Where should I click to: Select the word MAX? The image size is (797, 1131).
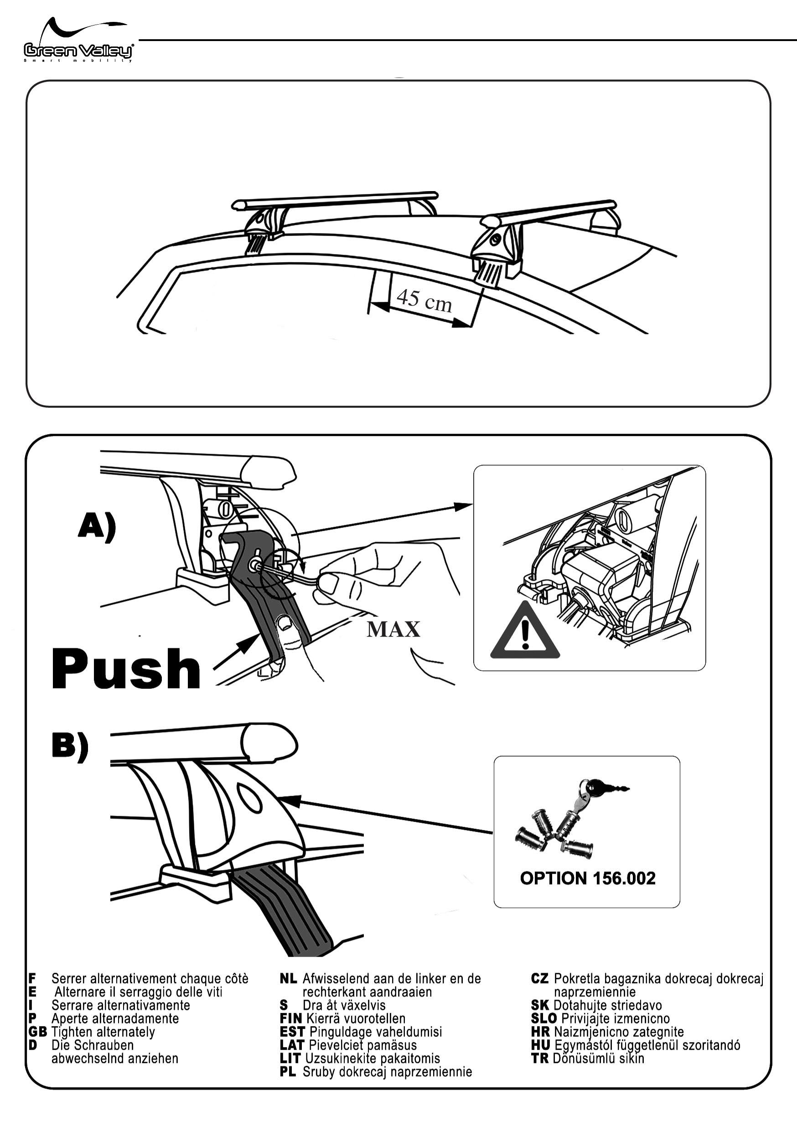point(393,629)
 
